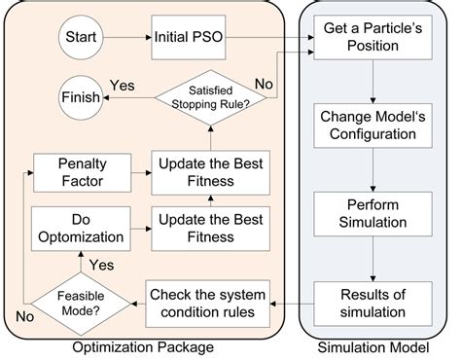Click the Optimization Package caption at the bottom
(144, 348)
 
